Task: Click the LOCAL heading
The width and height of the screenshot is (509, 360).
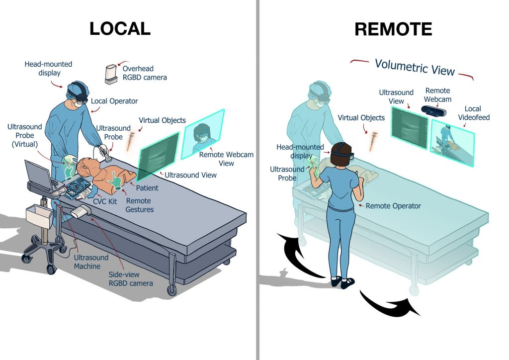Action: coord(120,28)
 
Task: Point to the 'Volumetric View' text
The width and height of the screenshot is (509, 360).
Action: coord(415,67)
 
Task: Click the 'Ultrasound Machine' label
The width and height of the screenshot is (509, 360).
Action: coord(91,262)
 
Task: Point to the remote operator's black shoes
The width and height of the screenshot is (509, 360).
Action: coord(343,282)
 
